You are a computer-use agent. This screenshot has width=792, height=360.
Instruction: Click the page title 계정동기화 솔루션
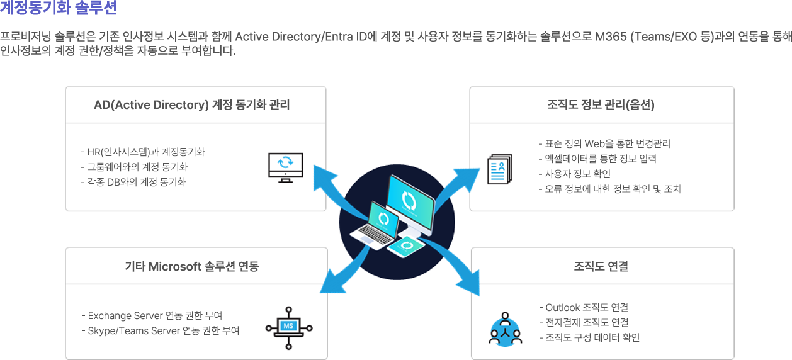point(58,8)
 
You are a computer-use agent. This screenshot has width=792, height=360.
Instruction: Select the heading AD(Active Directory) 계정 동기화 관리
point(192,105)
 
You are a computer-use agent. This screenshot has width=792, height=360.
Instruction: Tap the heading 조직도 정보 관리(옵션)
point(601,105)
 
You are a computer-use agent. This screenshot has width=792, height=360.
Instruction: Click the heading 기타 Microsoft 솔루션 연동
point(192,266)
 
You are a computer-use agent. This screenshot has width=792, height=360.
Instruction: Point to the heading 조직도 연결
point(601,266)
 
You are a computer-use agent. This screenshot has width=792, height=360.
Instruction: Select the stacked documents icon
point(501,169)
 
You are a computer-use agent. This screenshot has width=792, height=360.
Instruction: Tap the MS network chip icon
point(289,327)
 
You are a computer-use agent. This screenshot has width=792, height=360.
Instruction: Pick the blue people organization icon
point(506,329)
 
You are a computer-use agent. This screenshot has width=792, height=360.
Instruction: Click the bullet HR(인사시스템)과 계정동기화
point(144,152)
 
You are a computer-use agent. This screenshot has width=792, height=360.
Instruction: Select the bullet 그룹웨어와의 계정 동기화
point(135,167)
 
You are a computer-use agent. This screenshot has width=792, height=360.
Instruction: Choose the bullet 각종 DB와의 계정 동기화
point(134,182)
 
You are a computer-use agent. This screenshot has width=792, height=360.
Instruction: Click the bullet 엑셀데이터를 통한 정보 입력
point(597,159)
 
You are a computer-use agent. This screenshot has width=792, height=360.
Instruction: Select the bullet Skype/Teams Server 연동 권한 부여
point(161,330)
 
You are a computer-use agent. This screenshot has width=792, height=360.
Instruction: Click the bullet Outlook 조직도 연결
point(584,307)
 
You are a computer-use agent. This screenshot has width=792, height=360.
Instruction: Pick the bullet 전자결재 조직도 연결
point(584,322)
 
